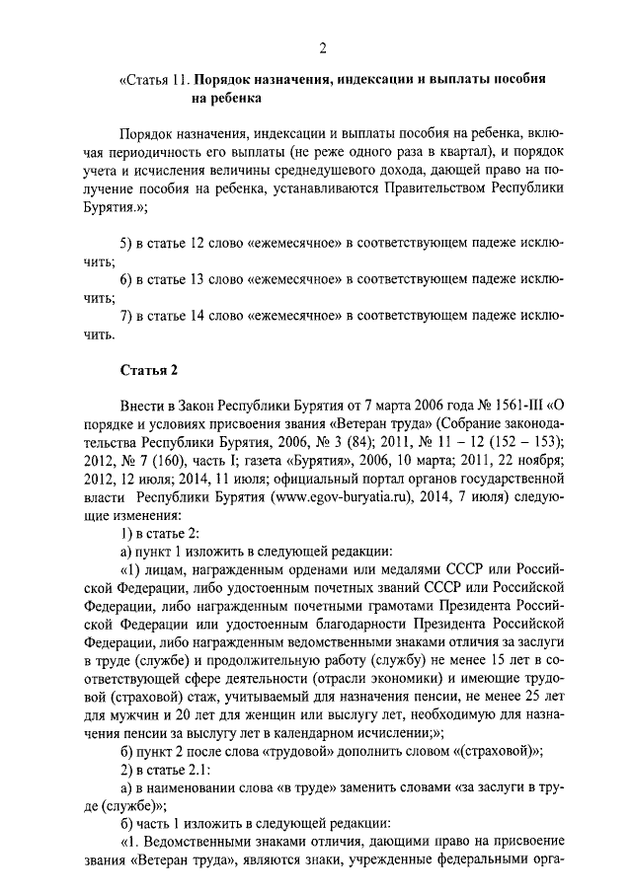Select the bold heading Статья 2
(148, 371)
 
